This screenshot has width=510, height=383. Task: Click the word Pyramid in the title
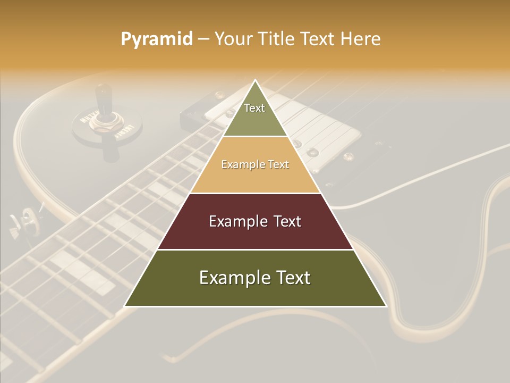point(157,39)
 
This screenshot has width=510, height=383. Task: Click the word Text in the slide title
point(318,39)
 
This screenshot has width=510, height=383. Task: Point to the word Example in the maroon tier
point(236,221)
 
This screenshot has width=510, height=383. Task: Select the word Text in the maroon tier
point(287,221)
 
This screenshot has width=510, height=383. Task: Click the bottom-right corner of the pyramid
point(386,306)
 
